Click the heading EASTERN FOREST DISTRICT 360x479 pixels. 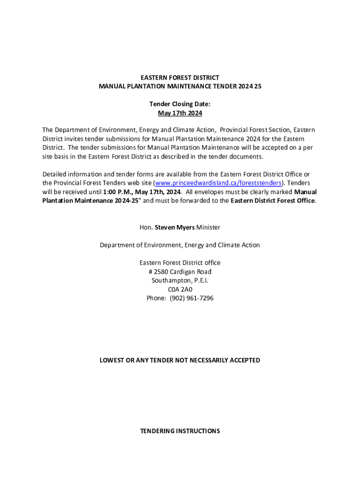pyautogui.click(x=180, y=78)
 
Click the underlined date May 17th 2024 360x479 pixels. pyautogui.click(x=180, y=113)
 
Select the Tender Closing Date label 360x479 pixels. pyautogui.click(x=180, y=104)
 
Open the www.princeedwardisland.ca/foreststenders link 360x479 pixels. pyautogui.click(x=218, y=183)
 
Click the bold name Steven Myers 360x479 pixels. pyautogui.click(x=175, y=227)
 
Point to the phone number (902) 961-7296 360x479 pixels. pyautogui.click(x=192, y=298)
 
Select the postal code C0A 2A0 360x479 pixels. pyautogui.click(x=180, y=290)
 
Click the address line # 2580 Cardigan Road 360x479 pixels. pyautogui.click(x=180, y=272)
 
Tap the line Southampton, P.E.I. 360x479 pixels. pyautogui.click(x=180, y=281)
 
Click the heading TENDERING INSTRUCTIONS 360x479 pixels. pyautogui.click(x=180, y=431)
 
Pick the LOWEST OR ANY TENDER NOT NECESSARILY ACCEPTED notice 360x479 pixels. pyautogui.click(x=180, y=360)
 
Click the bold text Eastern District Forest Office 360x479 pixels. pyautogui.click(x=273, y=201)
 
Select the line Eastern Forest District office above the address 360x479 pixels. pyautogui.click(x=180, y=263)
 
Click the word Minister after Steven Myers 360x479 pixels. pyautogui.click(x=209, y=227)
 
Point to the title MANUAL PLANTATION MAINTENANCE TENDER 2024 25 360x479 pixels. pyautogui.click(x=180, y=87)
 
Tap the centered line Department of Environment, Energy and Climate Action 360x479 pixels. pyautogui.click(x=180, y=245)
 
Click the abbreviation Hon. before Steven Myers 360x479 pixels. pyautogui.click(x=146, y=227)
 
